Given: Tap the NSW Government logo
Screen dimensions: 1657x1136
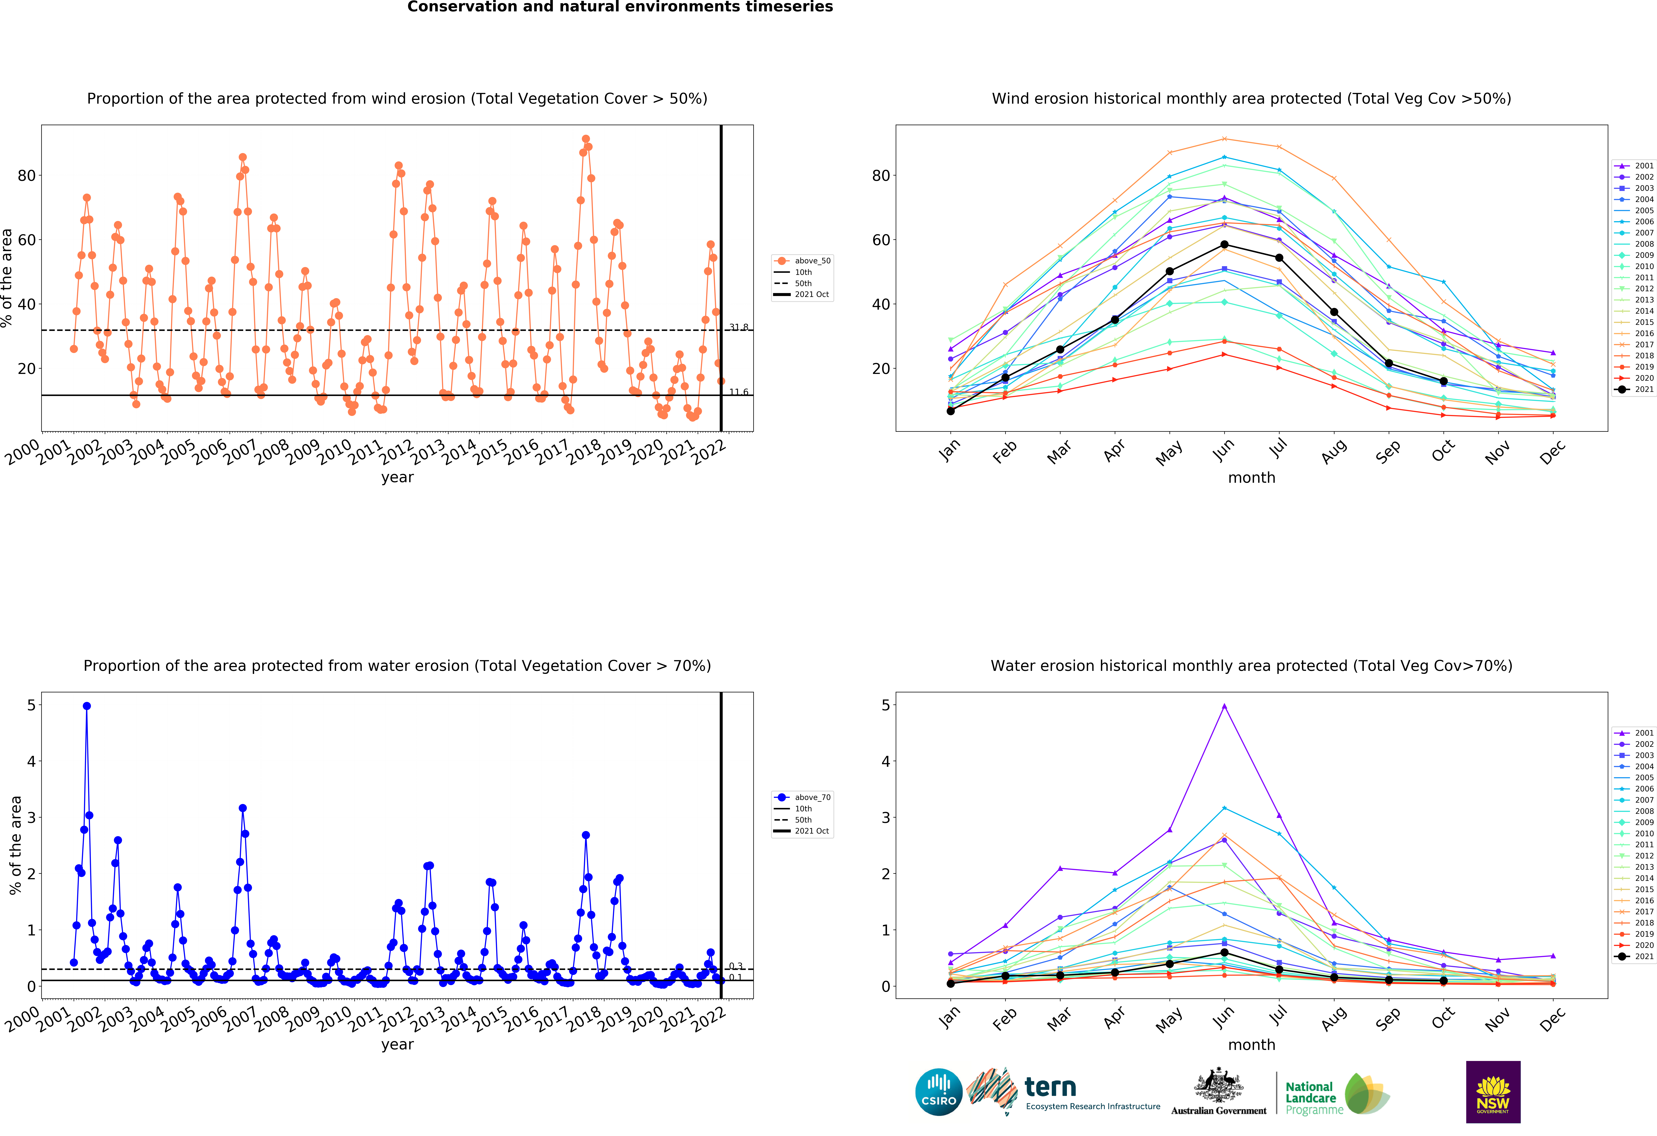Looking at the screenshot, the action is click(1493, 1092).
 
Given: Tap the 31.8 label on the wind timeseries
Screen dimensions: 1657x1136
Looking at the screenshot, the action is click(739, 327).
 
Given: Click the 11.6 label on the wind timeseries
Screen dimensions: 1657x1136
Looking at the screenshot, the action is click(739, 392).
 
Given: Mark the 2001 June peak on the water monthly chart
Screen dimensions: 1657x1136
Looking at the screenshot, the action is click(1224, 706).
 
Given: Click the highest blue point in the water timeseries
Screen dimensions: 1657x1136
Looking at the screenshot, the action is click(87, 706).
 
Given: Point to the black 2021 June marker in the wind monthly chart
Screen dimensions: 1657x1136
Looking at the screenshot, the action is click(1224, 245).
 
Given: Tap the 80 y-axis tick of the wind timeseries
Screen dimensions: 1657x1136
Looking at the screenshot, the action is click(26, 175).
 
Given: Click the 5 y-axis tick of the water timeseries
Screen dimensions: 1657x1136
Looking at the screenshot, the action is click(31, 705).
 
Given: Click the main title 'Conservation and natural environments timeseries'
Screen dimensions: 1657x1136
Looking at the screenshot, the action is click(620, 7).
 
